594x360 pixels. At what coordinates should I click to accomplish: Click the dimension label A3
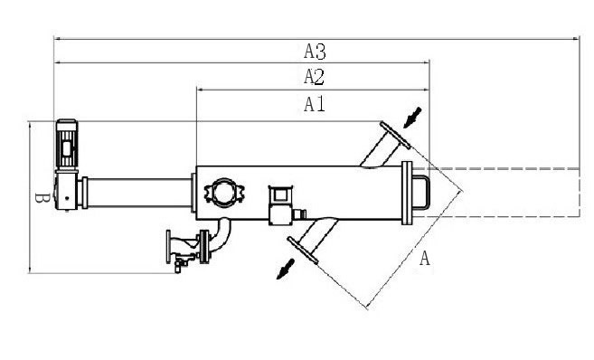pos(315,52)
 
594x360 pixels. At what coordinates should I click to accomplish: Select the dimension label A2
pos(314,77)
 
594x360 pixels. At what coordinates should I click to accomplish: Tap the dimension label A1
pos(315,104)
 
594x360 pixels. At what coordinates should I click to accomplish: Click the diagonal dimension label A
pos(425,258)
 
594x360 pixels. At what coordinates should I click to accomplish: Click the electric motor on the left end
pos(67,144)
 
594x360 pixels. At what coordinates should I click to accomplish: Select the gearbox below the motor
pos(67,190)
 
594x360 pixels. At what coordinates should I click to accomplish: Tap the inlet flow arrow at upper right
pos(412,118)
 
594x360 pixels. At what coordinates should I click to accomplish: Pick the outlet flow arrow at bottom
pos(286,269)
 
